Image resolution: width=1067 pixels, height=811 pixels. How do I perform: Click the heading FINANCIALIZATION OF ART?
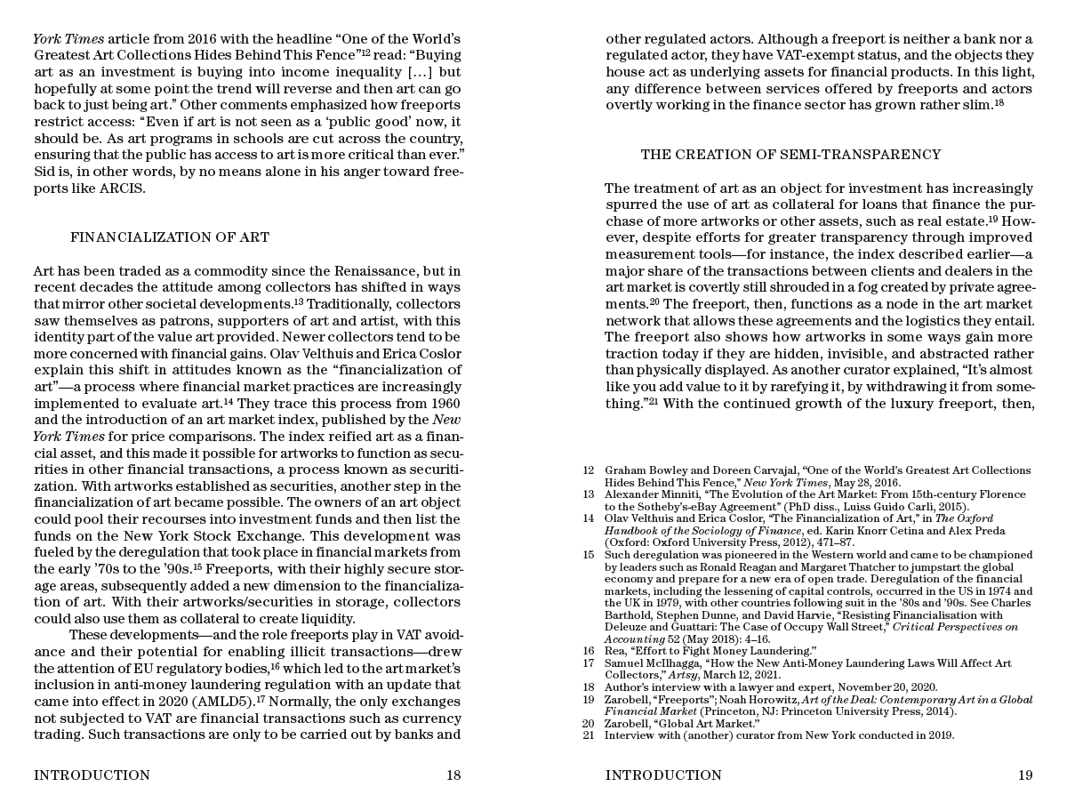pyautogui.click(x=170, y=237)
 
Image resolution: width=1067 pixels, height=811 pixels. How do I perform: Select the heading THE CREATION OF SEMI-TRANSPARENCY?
pyautogui.click(x=790, y=155)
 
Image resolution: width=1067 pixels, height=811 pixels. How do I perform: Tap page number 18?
pyautogui.click(x=453, y=775)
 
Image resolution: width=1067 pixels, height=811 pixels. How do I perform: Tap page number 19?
pyautogui.click(x=1025, y=775)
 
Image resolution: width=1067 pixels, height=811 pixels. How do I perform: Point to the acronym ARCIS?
pyautogui.click(x=120, y=189)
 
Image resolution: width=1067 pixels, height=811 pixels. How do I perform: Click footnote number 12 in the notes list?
pyautogui.click(x=588, y=470)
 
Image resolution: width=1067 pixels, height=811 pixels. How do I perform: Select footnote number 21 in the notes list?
pyautogui.click(x=588, y=735)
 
